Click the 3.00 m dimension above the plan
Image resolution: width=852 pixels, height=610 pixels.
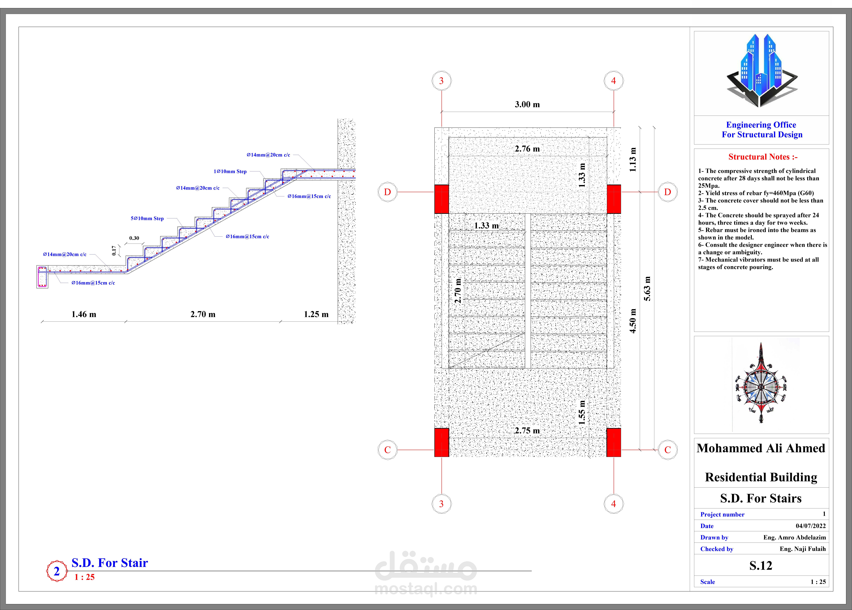coord(527,104)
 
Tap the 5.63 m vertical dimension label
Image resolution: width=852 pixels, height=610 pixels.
coord(647,289)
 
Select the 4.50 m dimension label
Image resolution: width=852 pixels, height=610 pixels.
coord(633,321)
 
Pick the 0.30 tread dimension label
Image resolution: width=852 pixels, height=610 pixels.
coord(134,238)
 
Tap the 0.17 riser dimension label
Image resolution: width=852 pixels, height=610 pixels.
coord(114,251)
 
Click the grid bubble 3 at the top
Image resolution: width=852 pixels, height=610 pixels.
coord(441,81)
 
